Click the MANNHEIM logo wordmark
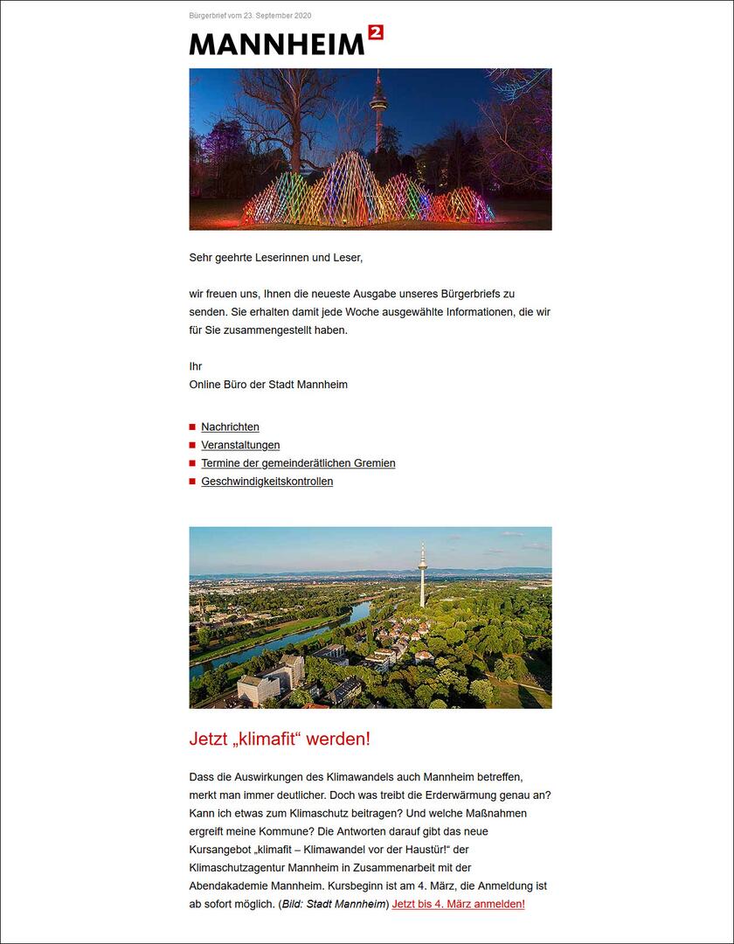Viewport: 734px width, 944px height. click(276, 44)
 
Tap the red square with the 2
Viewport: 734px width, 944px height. click(376, 32)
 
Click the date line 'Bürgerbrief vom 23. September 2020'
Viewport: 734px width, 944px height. click(250, 16)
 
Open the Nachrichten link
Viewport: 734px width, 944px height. click(230, 427)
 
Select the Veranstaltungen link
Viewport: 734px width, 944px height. click(240, 445)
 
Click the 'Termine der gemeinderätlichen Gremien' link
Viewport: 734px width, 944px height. click(298, 463)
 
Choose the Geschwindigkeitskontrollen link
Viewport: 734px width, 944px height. click(267, 482)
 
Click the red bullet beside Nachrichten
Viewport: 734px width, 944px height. click(192, 427)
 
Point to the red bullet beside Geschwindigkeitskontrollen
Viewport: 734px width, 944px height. click(192, 482)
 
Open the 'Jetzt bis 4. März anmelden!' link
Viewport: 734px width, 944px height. click(458, 904)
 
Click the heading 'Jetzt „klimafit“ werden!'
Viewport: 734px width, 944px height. click(280, 739)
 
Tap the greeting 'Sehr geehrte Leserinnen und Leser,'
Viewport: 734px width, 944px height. click(275, 258)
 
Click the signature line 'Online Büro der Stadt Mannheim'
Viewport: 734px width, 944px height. click(268, 385)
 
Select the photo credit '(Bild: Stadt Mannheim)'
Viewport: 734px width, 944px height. click(333, 904)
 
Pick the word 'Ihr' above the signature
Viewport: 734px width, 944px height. click(196, 366)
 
